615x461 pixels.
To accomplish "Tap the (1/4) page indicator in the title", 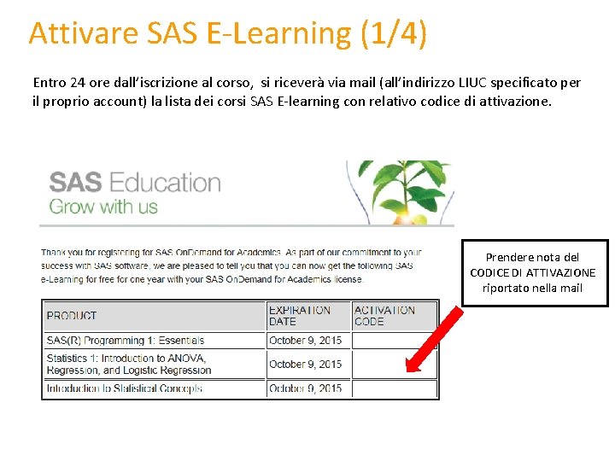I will click(394, 33).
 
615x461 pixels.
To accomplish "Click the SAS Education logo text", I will click(135, 183).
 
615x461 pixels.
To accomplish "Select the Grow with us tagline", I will click(103, 207).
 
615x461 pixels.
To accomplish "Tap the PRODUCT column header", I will click(72, 316).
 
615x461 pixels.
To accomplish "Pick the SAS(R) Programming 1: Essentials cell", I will click(126, 341).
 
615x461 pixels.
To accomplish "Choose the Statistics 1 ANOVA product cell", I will click(129, 365).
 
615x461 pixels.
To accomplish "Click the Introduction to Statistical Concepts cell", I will click(125, 388).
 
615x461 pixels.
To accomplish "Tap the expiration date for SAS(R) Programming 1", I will click(305, 341).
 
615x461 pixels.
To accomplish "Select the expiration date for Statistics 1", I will click(305, 365).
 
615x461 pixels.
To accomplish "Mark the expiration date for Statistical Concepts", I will click(305, 388).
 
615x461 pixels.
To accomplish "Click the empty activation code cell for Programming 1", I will click(394, 341).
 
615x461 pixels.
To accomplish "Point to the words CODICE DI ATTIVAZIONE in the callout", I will click(533, 272).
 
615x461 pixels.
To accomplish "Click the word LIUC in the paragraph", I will click(469, 83).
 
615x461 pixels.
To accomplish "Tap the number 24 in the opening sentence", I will click(79, 83).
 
